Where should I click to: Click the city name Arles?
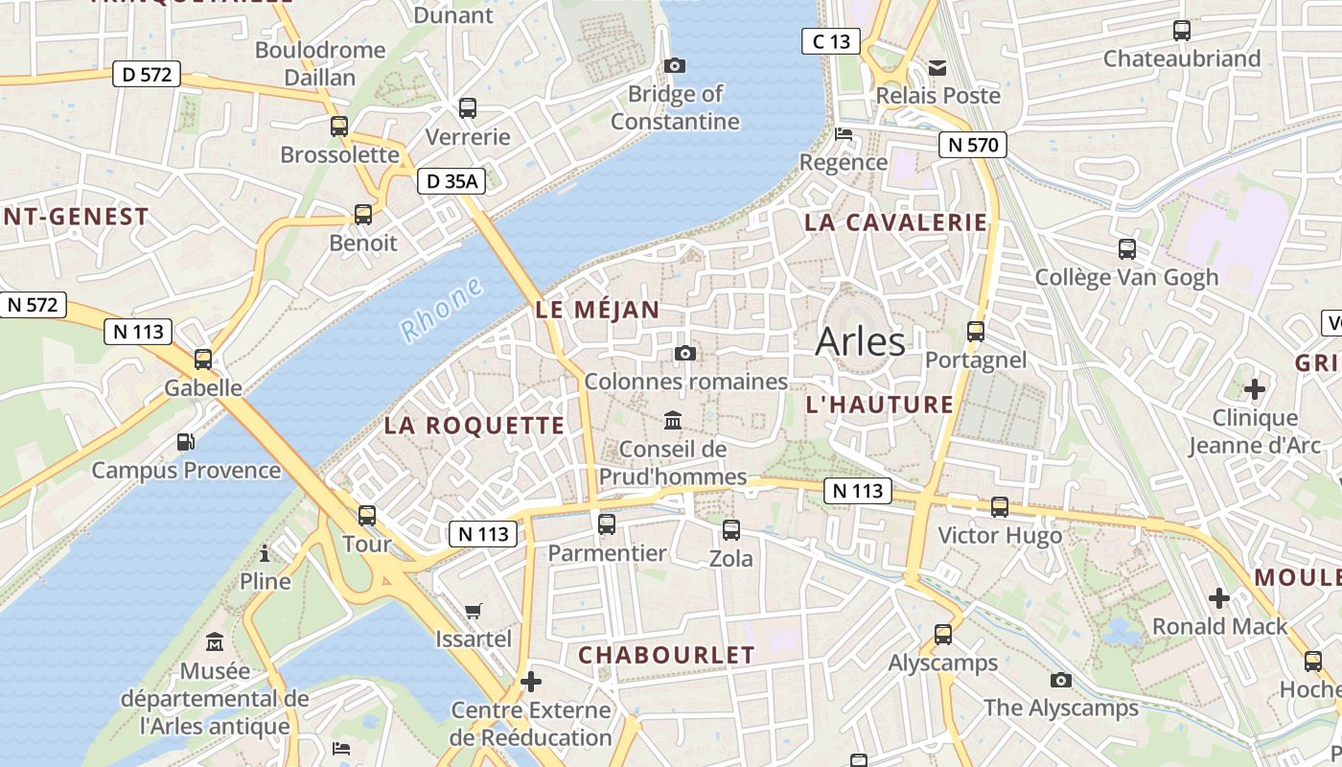click(x=860, y=342)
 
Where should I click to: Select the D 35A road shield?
click(x=451, y=180)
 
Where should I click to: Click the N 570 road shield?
click(x=973, y=146)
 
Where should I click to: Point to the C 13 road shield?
click(x=831, y=41)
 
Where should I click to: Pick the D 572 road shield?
click(x=147, y=74)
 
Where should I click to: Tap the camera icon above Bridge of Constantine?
click(x=675, y=65)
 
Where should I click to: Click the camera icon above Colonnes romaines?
click(x=684, y=353)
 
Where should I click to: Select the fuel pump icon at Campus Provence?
click(x=185, y=442)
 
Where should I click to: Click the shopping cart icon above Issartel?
click(x=473, y=611)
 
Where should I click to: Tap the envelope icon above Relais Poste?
click(x=937, y=67)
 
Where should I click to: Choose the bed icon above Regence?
click(x=844, y=133)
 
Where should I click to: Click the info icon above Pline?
click(x=265, y=553)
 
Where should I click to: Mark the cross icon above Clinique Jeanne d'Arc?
click(x=1254, y=389)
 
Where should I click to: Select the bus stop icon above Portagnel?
click(x=976, y=332)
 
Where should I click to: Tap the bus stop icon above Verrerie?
click(x=468, y=108)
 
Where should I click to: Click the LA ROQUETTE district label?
click(x=474, y=426)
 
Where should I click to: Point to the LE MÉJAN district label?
click(x=597, y=310)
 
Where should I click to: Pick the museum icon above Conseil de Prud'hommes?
click(x=673, y=421)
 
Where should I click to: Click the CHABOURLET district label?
click(x=666, y=656)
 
